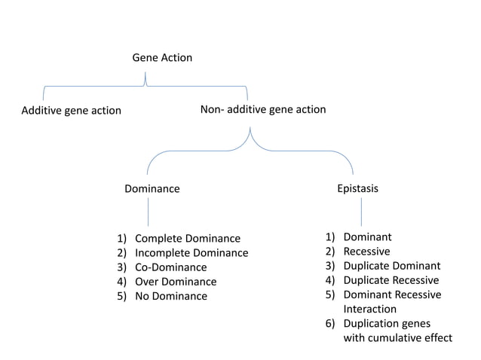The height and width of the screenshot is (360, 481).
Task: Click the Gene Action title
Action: click(162, 57)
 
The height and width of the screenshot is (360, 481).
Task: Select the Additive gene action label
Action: click(71, 110)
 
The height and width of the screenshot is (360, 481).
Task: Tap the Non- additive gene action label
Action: click(263, 109)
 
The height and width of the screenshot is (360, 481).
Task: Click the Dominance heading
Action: click(152, 188)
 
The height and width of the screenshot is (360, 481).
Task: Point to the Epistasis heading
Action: click(357, 188)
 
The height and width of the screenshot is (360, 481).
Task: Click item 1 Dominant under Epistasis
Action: click(367, 237)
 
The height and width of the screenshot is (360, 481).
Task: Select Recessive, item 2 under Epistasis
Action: click(366, 252)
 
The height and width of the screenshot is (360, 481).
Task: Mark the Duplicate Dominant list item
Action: click(391, 266)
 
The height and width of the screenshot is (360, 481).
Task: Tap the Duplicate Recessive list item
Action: click(391, 280)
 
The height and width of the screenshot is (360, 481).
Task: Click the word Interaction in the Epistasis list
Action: click(369, 309)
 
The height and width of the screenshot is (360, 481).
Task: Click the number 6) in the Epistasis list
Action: click(330, 323)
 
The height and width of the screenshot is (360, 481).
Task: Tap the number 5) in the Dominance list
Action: click(121, 296)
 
